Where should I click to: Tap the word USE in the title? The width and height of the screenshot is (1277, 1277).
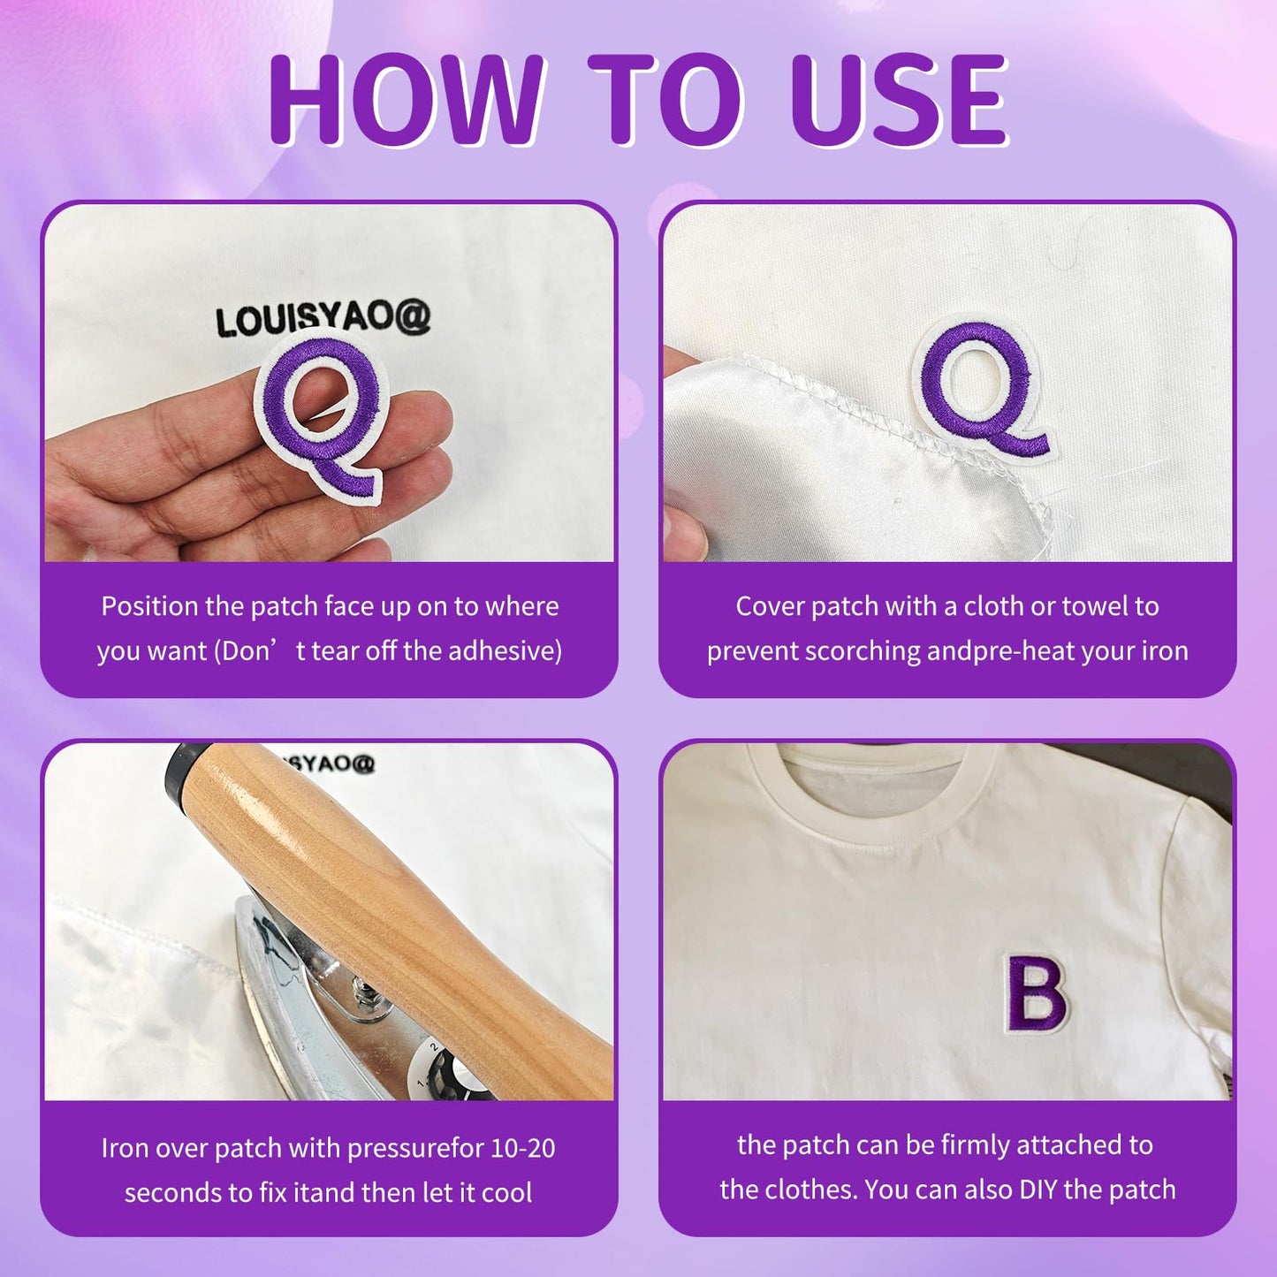pos(899,98)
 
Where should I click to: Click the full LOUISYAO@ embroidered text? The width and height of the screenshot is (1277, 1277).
pos(323,317)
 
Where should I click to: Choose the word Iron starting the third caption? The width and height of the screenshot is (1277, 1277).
pos(124,1149)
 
